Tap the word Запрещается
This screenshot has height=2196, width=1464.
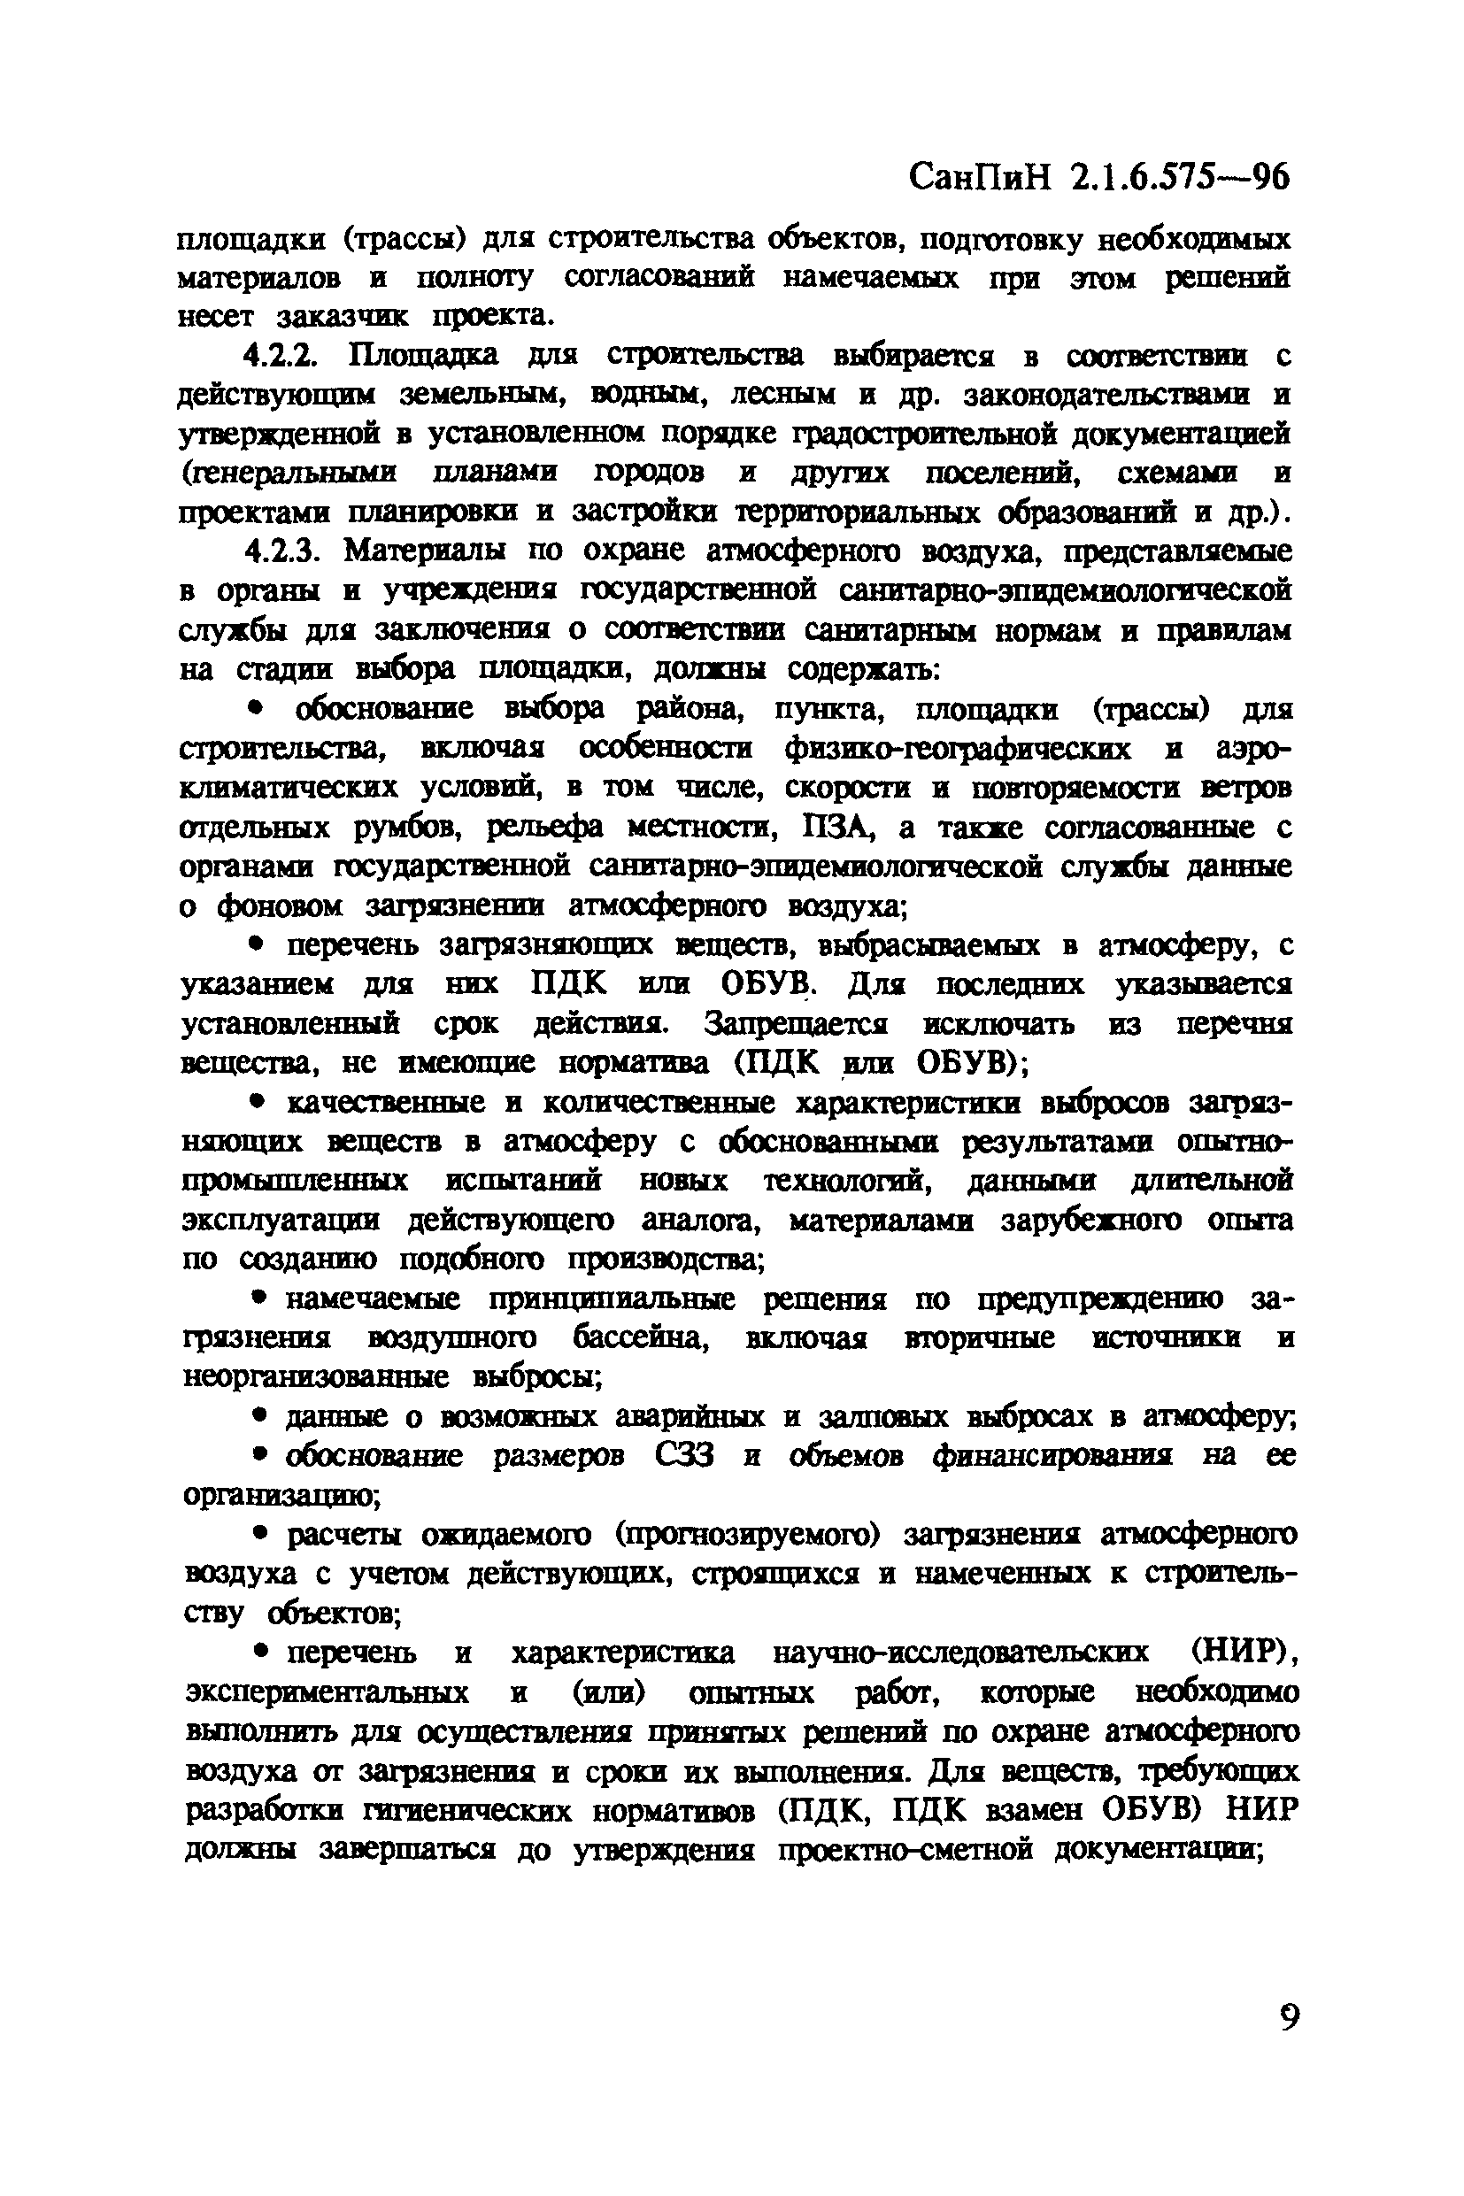tap(796, 1024)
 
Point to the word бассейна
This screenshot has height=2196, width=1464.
tap(642, 1338)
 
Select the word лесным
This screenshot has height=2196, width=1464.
tap(783, 395)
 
